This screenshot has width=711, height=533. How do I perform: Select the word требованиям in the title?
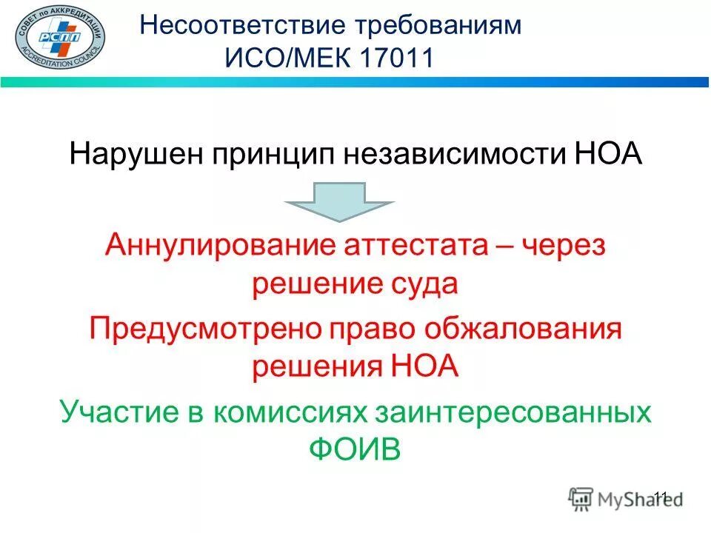pyautogui.click(x=438, y=25)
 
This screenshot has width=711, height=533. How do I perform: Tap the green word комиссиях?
pyautogui.click(x=297, y=412)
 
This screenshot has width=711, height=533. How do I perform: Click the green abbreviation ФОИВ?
pyautogui.click(x=354, y=449)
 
